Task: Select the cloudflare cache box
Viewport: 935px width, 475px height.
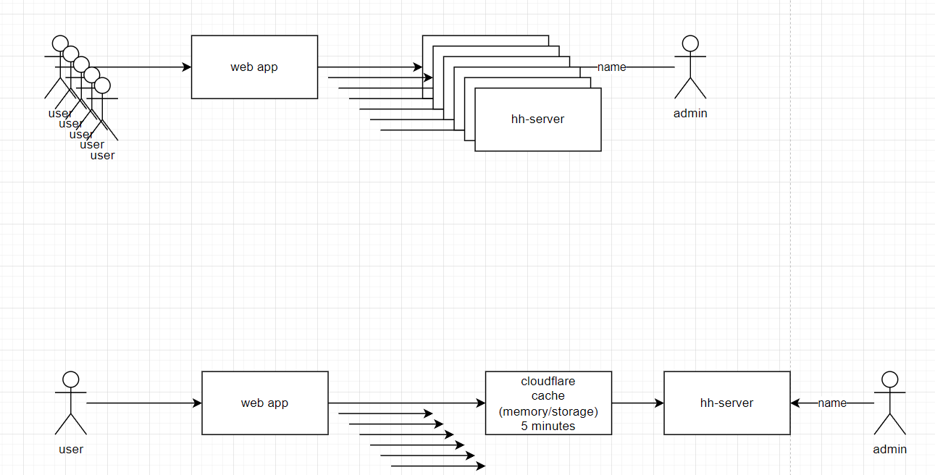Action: pos(548,403)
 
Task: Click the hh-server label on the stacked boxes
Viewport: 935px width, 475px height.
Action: pos(537,119)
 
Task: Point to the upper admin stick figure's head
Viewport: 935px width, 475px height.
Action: pos(690,43)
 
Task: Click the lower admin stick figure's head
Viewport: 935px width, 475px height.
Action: pos(889,379)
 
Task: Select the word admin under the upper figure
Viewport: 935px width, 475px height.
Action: pos(690,114)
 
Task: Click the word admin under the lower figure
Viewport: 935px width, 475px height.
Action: pos(889,450)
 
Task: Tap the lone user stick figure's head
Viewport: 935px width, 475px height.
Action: pos(70,379)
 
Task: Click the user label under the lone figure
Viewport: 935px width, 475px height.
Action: pos(71,450)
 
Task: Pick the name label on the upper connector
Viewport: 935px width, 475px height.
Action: pos(611,67)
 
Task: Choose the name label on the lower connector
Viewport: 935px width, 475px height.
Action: pos(832,403)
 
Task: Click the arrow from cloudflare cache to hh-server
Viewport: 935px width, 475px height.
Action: pos(637,403)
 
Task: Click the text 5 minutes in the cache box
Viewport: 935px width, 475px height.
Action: pos(548,426)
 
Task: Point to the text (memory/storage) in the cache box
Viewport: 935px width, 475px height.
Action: pos(548,411)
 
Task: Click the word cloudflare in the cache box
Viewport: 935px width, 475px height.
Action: pos(548,381)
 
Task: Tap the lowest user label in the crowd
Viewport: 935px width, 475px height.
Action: pos(103,155)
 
